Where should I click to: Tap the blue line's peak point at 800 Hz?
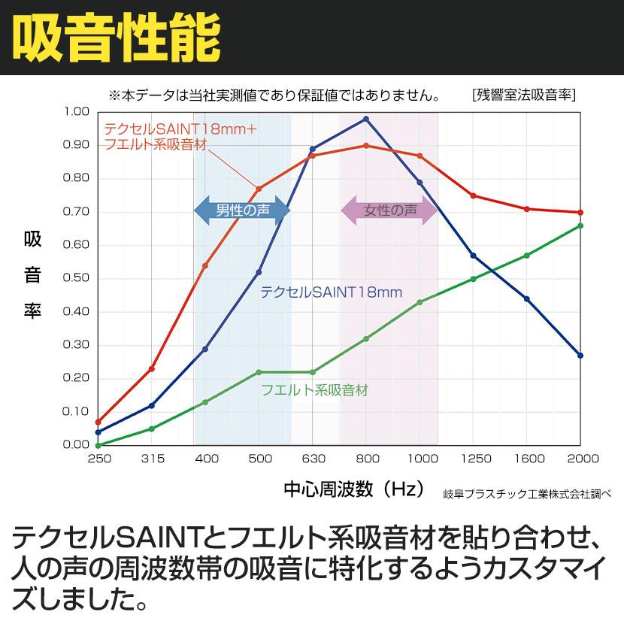click(366, 119)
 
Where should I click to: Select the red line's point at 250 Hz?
click(98, 422)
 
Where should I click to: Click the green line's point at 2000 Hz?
click(580, 226)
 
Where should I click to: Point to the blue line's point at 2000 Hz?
click(580, 355)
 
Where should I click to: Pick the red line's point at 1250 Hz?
click(473, 195)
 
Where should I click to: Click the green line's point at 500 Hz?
click(259, 372)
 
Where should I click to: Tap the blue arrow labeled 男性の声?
click(242, 211)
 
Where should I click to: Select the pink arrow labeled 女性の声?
click(389, 211)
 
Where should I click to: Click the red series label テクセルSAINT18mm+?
click(180, 129)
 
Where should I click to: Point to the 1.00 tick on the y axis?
click(77, 112)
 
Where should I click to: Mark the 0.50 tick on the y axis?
click(77, 278)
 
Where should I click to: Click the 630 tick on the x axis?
click(313, 459)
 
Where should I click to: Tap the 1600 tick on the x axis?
click(526, 459)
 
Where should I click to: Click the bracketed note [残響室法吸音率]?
click(524, 95)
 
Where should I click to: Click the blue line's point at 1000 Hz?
click(420, 182)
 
